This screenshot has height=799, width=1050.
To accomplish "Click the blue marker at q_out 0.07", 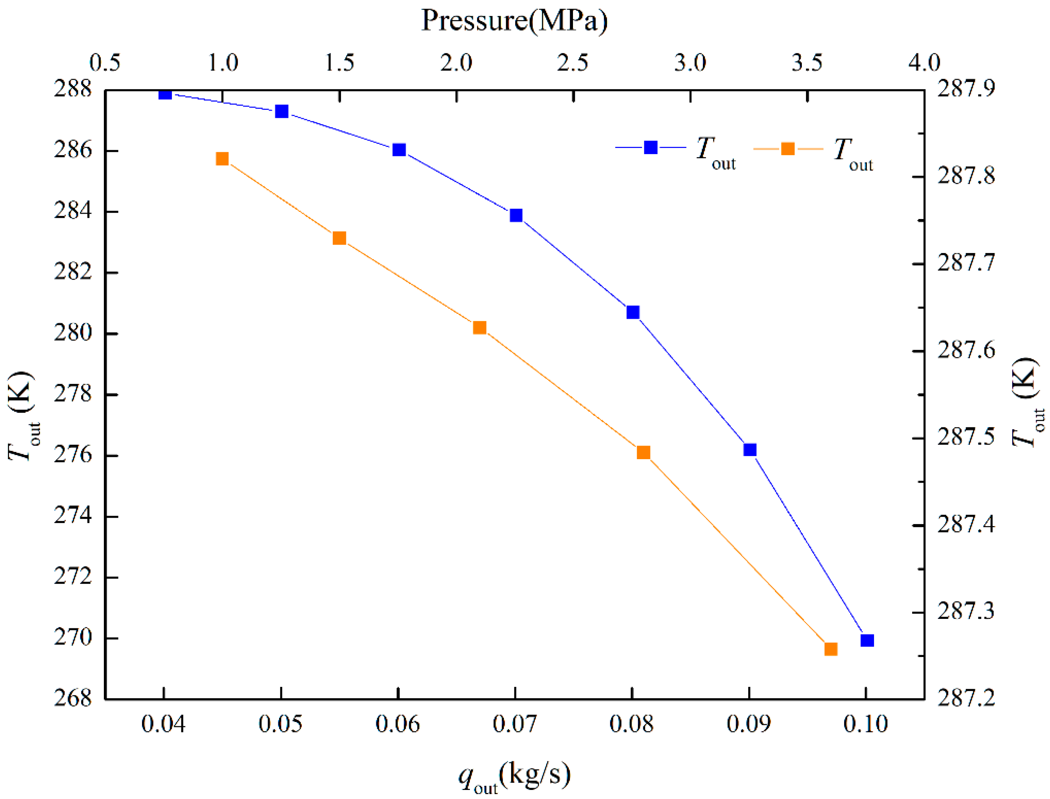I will click(516, 216).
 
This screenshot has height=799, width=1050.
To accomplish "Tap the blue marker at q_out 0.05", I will click(282, 111).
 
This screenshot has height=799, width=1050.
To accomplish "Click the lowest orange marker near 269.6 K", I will click(831, 649).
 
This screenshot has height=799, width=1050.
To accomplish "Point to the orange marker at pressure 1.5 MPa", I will click(339, 238).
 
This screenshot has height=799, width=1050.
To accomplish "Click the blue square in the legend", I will click(650, 147).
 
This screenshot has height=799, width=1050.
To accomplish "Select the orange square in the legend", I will click(788, 149).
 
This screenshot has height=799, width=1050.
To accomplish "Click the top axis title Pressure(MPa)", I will click(514, 21).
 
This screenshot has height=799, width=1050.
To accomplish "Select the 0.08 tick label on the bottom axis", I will click(632, 724).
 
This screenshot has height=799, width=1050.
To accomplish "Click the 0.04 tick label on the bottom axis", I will click(163, 724).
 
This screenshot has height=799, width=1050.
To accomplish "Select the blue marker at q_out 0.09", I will click(750, 449).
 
